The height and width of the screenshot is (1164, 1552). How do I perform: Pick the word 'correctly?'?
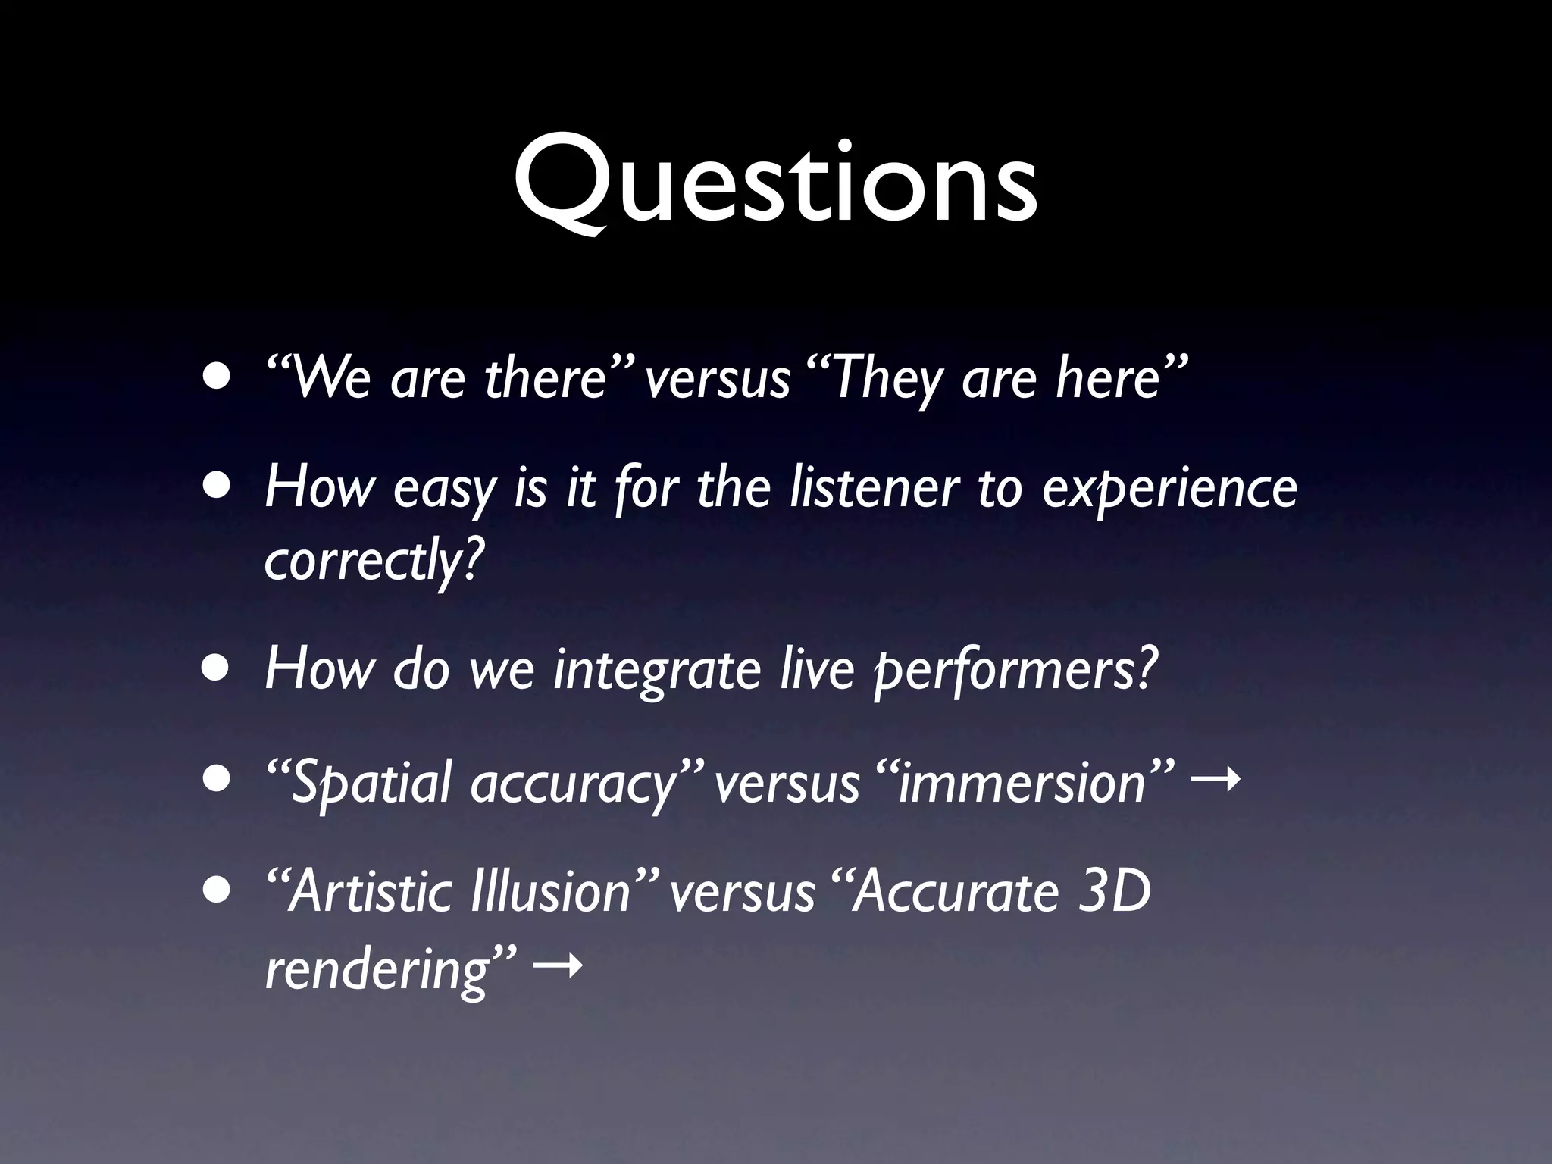click(x=374, y=562)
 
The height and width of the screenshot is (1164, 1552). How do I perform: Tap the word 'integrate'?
click(x=656, y=671)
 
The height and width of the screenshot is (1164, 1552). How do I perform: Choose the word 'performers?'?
click(x=1015, y=671)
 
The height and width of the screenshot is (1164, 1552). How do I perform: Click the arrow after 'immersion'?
click(x=1215, y=779)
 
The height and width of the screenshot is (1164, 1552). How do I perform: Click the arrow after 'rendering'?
click(x=558, y=965)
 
